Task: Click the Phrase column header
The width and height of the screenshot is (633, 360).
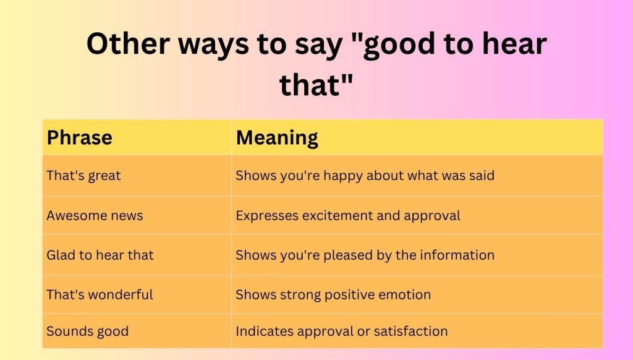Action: (x=79, y=137)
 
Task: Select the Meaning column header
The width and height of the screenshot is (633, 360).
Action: (x=277, y=137)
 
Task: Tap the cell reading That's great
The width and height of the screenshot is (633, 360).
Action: (x=83, y=176)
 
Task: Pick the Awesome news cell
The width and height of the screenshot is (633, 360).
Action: (x=95, y=216)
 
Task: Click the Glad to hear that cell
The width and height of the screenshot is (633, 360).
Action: (x=100, y=255)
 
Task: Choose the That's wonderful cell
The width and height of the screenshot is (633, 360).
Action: (x=100, y=294)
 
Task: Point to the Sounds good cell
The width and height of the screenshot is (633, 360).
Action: (x=87, y=331)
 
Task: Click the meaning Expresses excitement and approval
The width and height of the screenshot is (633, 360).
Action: (x=347, y=216)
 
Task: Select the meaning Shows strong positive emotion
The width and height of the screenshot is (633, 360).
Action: (x=333, y=294)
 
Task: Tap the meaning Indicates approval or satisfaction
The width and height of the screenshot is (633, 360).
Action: (x=341, y=331)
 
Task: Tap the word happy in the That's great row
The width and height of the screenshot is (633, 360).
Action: (x=344, y=176)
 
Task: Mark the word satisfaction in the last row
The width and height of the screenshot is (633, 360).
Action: (x=410, y=331)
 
